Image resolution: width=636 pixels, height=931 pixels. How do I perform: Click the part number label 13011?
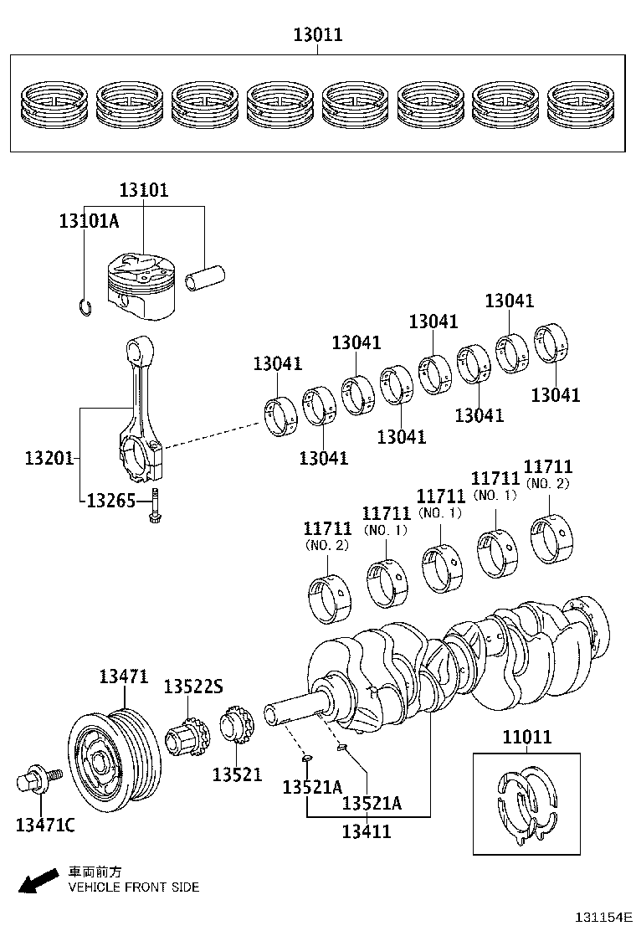(317, 35)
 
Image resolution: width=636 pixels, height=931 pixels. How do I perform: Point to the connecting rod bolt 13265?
(156, 510)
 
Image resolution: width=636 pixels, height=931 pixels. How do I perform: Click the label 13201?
(49, 458)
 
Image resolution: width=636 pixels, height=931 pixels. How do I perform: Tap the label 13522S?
(192, 687)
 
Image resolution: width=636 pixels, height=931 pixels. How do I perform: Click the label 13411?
(367, 831)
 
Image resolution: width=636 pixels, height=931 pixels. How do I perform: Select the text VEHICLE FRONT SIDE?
(133, 887)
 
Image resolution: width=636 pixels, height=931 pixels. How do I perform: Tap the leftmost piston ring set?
(53, 105)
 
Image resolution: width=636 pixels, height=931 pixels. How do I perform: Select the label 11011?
(526, 737)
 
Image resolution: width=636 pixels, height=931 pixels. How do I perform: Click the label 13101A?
(89, 221)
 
